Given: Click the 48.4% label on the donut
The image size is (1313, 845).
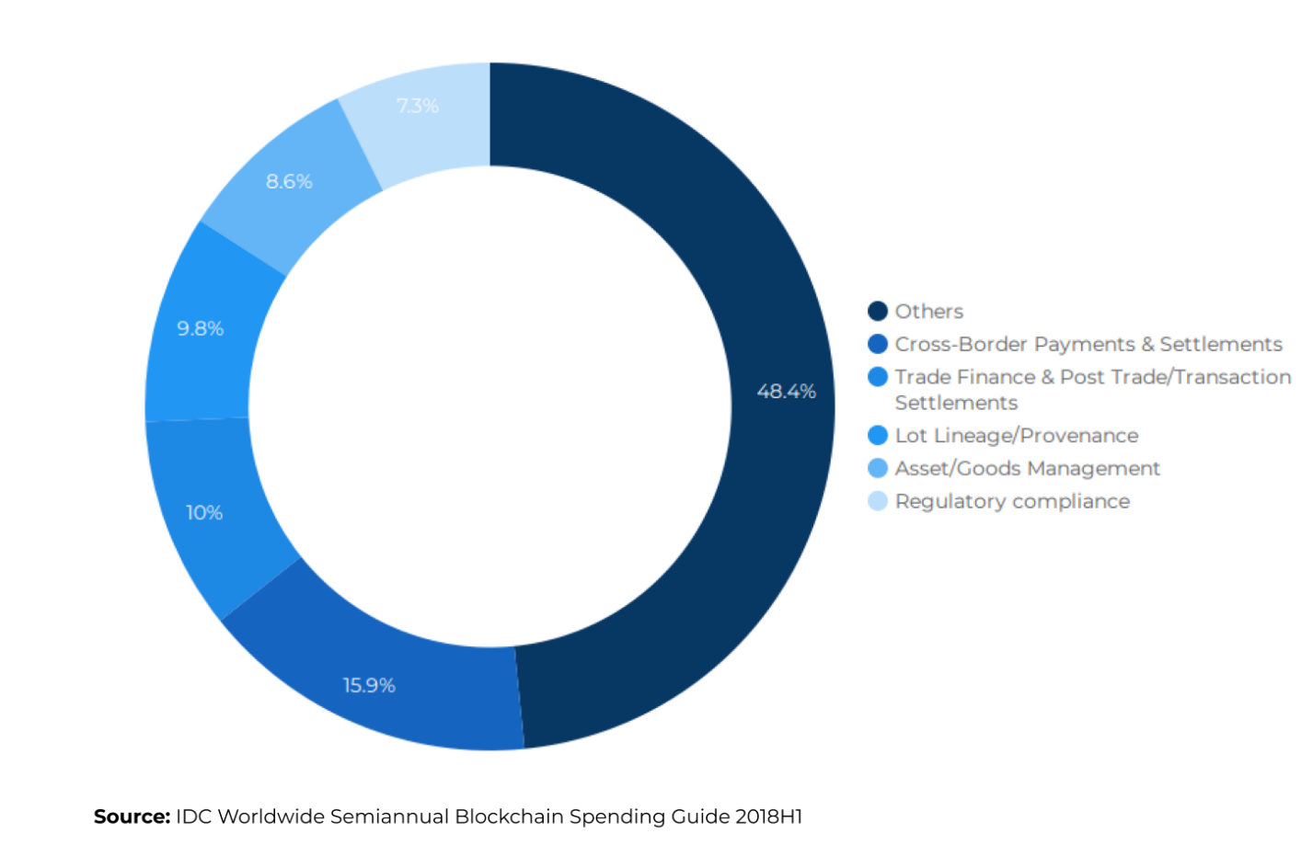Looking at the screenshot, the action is (x=786, y=391).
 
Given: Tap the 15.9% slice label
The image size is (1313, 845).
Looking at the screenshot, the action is (x=369, y=685).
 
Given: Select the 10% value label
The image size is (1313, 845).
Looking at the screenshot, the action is (x=204, y=513).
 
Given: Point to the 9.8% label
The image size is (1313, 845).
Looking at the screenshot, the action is (x=201, y=328).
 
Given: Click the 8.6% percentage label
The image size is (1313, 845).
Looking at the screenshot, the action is (x=289, y=181).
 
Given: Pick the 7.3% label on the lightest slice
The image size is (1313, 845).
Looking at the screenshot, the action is (x=418, y=106).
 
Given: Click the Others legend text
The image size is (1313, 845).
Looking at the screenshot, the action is (x=929, y=312).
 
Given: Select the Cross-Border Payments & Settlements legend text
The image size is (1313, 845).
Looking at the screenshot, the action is (x=1088, y=344).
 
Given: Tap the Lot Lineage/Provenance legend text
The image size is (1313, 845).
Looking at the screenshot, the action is (x=1017, y=436).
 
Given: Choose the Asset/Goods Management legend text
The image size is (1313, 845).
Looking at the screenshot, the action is (x=1028, y=468).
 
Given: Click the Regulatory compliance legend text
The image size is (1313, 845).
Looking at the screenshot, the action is (x=1012, y=501).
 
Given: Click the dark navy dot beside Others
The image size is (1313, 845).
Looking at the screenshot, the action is (x=878, y=311).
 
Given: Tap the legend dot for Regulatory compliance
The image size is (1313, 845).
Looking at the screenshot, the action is (x=878, y=501).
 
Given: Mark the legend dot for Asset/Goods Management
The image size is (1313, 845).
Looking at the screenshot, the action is (x=878, y=468).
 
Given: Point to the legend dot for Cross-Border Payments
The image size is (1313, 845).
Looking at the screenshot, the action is (x=878, y=344).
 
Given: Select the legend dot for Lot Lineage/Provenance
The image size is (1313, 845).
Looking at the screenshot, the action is (x=878, y=435).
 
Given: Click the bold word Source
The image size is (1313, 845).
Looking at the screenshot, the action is (x=132, y=816).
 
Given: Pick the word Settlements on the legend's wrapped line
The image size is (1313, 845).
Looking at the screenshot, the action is (x=956, y=403).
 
